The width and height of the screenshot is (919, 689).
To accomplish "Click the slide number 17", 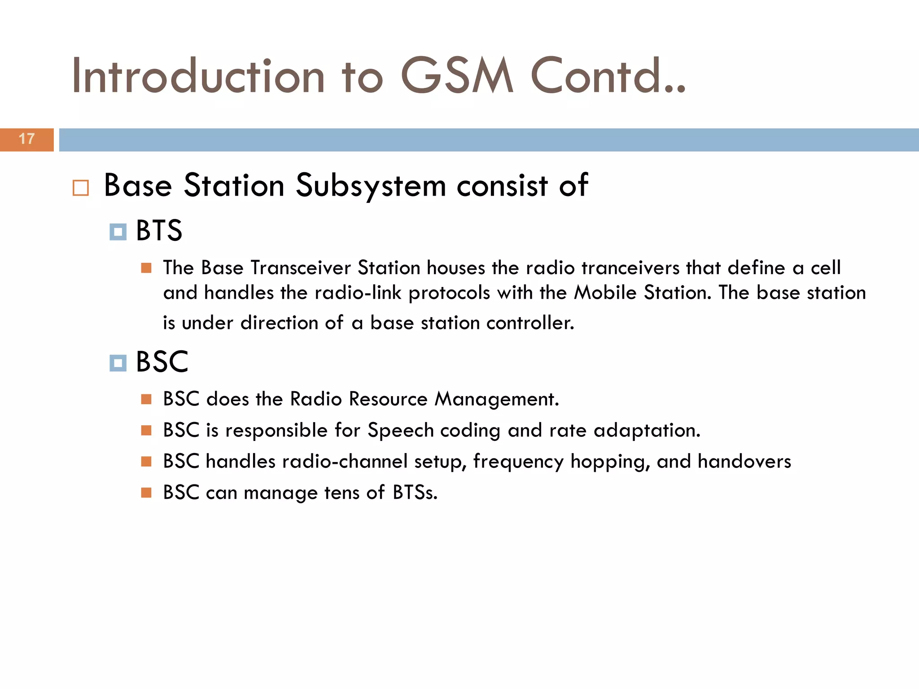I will [x=26, y=139].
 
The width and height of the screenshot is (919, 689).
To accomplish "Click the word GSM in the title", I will [x=456, y=76].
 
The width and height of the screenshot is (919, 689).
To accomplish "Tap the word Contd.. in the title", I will [x=608, y=76].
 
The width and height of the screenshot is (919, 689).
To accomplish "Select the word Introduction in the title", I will [x=197, y=76].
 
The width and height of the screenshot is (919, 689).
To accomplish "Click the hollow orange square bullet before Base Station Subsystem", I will [x=81, y=188].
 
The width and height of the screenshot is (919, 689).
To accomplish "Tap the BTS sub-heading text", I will [x=159, y=231].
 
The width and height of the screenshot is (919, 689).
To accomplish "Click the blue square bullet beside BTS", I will [x=118, y=232].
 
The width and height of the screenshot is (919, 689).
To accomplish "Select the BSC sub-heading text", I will [x=162, y=362].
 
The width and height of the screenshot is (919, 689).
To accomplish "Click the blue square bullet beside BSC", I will [x=118, y=363].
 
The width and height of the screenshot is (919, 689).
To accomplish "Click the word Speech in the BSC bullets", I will [x=400, y=431].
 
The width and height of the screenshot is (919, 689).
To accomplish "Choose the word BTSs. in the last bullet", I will [x=415, y=493].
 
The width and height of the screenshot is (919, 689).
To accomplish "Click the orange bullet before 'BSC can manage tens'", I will [x=146, y=493].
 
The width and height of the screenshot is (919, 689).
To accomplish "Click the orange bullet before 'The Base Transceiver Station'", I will [x=146, y=268].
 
